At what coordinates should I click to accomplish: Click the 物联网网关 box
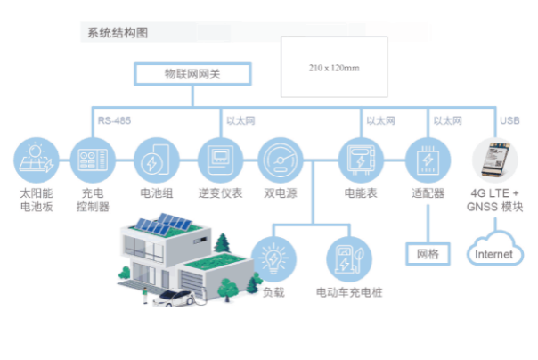coord(192,74)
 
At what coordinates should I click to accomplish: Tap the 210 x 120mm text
coord(334,68)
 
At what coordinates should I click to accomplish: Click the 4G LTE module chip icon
coord(494,160)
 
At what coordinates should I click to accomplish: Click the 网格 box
coord(428,254)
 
